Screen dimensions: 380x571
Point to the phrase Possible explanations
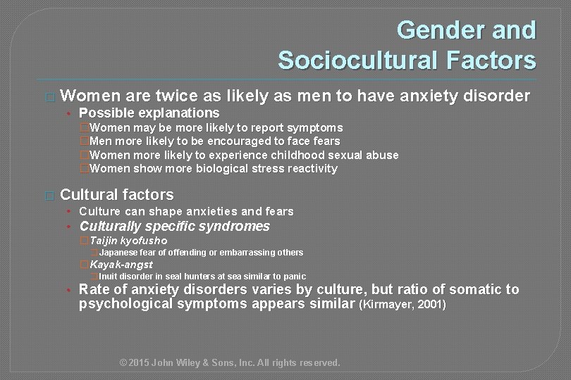[149, 113]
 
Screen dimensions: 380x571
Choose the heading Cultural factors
[117, 194]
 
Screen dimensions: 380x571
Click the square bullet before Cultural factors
[48, 195]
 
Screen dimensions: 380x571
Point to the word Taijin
[106, 241]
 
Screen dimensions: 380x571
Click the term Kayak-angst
[121, 265]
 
